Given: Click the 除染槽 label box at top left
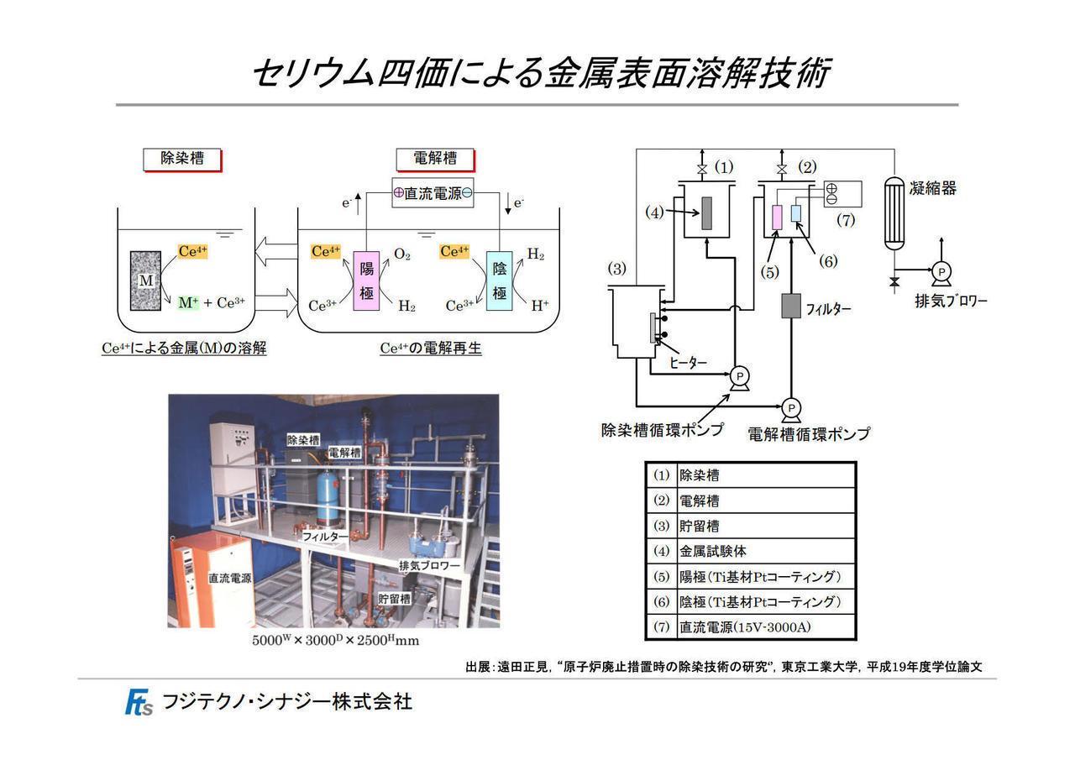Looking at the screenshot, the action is [x=182, y=160].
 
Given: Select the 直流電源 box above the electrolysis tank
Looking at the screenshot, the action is [x=433, y=193].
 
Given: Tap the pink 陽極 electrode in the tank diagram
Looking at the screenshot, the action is [x=366, y=280].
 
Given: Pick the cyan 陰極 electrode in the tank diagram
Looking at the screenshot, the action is [x=499, y=280].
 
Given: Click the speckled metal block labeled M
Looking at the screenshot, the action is [x=145, y=280].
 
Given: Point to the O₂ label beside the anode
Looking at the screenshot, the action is [x=402, y=254].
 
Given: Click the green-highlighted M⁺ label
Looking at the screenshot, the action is [x=188, y=303].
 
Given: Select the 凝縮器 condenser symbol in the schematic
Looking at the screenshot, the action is [x=894, y=213].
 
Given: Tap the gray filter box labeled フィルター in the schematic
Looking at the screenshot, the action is [x=791, y=306].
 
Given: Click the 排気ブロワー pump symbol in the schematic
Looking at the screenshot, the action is [x=941, y=274].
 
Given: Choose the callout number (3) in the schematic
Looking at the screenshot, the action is [x=616, y=269].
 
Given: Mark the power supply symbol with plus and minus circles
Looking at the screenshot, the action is [x=842, y=194].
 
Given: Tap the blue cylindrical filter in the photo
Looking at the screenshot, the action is [x=328, y=496].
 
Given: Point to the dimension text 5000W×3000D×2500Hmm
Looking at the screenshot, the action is [x=335, y=641].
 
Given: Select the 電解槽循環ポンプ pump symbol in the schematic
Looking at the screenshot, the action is [x=791, y=409].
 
